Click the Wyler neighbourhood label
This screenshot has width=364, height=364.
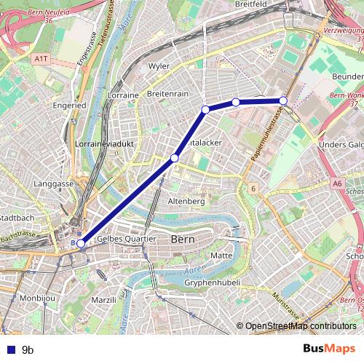[x=159, y=66]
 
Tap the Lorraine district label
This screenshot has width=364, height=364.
[x=124, y=95]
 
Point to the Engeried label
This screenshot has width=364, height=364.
[x=69, y=105]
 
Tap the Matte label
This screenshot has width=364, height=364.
[x=221, y=256]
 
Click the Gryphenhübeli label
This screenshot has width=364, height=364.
[x=212, y=282]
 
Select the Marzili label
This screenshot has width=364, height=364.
[x=104, y=300]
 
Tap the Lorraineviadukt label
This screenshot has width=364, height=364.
[x=101, y=145]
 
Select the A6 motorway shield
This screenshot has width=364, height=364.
[x=336, y=184]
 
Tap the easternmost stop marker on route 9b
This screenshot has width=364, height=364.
[x=283, y=100]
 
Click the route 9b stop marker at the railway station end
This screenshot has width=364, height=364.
[x=82, y=244]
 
